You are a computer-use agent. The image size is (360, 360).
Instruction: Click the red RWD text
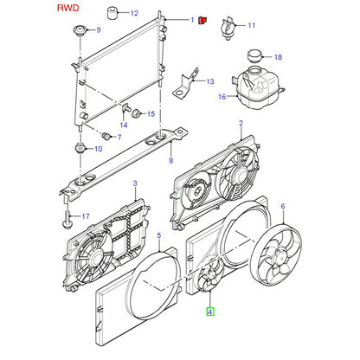pos(68,8)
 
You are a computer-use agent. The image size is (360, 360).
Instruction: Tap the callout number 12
pos(134,13)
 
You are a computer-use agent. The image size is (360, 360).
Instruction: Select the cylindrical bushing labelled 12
pos(113,13)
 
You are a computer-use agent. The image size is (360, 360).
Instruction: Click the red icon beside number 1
pos(202,20)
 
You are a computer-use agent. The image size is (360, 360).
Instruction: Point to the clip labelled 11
pos(228,29)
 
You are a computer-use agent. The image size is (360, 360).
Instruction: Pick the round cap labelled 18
pos(255,55)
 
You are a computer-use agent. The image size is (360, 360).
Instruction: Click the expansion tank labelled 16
pos(258,87)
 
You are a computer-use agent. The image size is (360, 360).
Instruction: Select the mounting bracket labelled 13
pos(186,85)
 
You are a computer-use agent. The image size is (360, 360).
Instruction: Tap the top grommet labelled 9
pos(80,30)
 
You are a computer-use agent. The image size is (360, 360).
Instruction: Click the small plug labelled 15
pos(136,113)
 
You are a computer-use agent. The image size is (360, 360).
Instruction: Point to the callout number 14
pos(124,125)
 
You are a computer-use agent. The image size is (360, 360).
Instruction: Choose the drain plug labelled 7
pos(106,135)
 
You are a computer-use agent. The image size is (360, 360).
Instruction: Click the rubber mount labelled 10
pos(80,149)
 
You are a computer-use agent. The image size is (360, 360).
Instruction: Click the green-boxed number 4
pos(209,312)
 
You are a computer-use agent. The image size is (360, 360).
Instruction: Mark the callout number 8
pos(171,160)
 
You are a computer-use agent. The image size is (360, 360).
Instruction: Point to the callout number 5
pos(159,236)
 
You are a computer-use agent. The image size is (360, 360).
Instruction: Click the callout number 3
pos(135,183)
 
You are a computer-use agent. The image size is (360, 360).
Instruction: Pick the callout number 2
pos(241,124)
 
